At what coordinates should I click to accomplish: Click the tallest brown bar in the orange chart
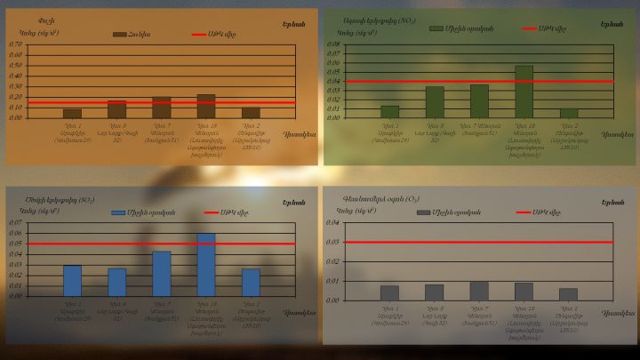click(x=206, y=106)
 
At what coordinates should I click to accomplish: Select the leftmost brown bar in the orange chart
click(x=72, y=113)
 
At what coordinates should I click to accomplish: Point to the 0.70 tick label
click(x=16, y=44)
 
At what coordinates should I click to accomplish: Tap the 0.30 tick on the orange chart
click(x=16, y=86)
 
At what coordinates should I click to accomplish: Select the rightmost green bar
click(x=569, y=113)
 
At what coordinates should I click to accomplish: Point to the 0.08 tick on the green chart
click(x=333, y=44)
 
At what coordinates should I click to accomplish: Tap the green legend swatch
click(x=436, y=28)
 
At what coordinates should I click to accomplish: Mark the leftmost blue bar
click(x=72, y=280)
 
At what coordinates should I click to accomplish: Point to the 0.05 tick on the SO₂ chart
click(x=16, y=244)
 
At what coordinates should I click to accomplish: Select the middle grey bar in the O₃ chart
click(x=479, y=291)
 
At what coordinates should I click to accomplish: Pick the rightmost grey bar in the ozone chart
click(x=569, y=294)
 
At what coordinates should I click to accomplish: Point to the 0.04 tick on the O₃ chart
click(x=333, y=222)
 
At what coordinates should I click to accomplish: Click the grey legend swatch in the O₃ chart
click(x=424, y=212)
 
